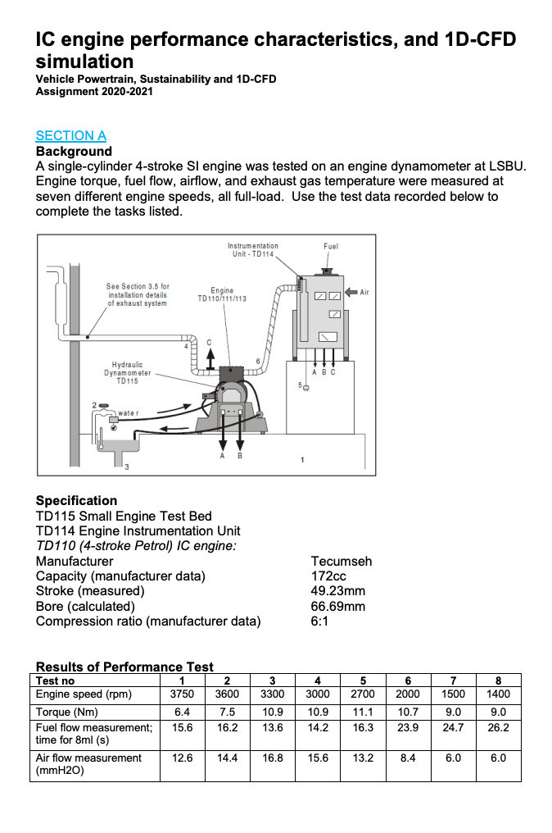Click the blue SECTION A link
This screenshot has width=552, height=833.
[x=71, y=136]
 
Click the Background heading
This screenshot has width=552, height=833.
[x=74, y=152]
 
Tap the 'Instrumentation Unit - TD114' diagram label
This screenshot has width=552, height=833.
[x=253, y=250]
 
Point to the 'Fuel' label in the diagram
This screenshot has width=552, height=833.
[x=331, y=246]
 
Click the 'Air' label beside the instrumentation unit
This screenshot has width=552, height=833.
[x=364, y=292]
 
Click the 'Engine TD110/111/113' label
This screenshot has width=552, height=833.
[x=222, y=294]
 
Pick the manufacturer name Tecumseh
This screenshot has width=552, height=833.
[x=342, y=562]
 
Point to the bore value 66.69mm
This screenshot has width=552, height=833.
[x=338, y=607]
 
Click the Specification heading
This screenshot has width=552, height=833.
[x=76, y=501]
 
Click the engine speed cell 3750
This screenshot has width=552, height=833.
[x=181, y=694]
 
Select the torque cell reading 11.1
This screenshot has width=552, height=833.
[x=363, y=712]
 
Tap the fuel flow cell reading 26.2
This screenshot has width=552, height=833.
[x=498, y=727]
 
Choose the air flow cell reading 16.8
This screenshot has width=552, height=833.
[x=272, y=758]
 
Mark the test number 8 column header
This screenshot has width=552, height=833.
[x=498, y=681]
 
